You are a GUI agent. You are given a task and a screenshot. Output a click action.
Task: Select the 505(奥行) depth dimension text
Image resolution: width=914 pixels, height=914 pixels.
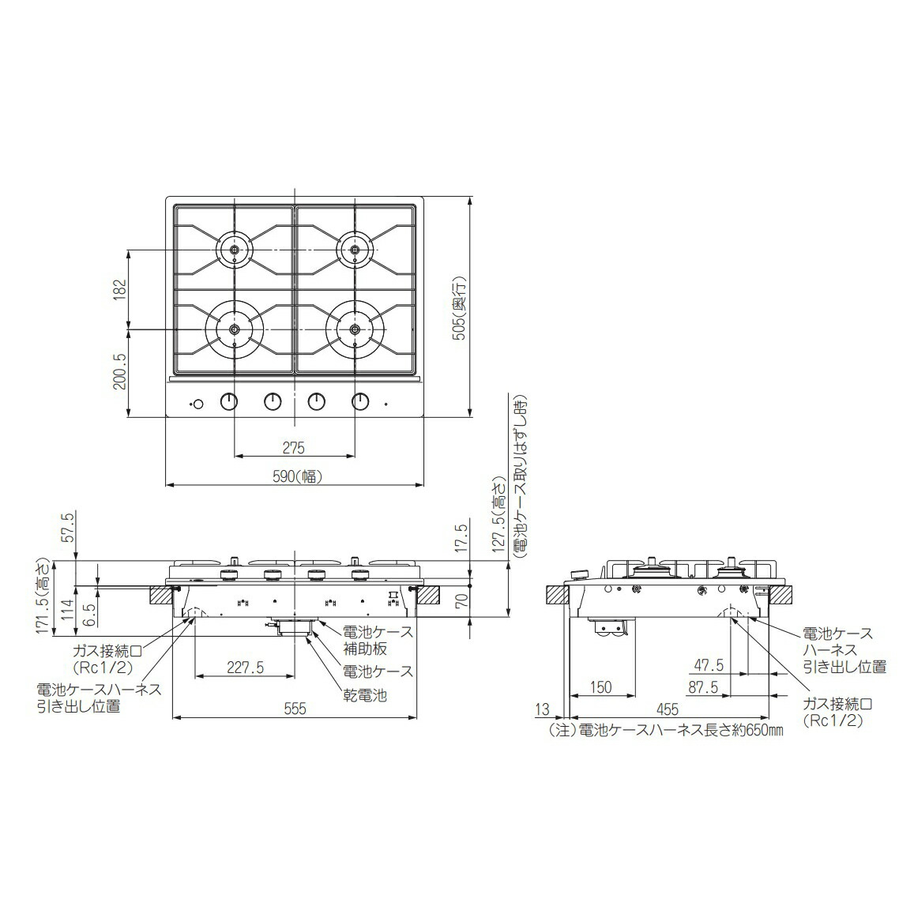pyautogui.click(x=457, y=307)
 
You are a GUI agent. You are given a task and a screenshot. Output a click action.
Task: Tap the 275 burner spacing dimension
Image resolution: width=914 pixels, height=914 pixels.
pyautogui.click(x=293, y=448)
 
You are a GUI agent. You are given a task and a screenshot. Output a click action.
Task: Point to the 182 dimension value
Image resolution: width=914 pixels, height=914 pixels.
pyautogui.click(x=119, y=289)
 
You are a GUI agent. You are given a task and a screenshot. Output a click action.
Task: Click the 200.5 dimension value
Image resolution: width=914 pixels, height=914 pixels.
pyautogui.click(x=119, y=370)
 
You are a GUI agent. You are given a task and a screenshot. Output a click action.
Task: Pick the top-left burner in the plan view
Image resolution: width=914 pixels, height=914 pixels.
pyautogui.click(x=235, y=250)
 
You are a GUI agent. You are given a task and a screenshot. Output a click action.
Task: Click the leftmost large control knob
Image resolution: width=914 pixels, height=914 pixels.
pyautogui.click(x=229, y=402)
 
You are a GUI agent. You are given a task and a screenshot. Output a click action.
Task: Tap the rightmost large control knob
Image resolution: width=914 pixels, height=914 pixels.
pyautogui.click(x=360, y=402)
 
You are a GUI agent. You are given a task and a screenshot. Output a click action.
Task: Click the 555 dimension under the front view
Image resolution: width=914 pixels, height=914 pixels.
pyautogui.click(x=294, y=709)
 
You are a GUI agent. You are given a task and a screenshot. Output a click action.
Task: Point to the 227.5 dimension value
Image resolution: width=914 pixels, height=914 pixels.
pyautogui.click(x=244, y=668)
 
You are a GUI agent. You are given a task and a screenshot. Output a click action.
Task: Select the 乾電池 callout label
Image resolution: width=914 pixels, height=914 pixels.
pyautogui.click(x=364, y=696)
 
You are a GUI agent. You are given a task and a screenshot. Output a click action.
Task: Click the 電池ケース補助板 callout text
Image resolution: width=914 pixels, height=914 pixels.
pyautogui.click(x=376, y=641)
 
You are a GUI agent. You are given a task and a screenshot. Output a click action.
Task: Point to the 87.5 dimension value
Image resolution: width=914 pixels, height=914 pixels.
pyautogui.click(x=702, y=687)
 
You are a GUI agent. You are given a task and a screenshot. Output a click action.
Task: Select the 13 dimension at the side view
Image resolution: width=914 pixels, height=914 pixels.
pyautogui.click(x=541, y=709)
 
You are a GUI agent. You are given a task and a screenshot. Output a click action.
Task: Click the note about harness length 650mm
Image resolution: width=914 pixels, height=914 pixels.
pyautogui.click(x=665, y=731)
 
